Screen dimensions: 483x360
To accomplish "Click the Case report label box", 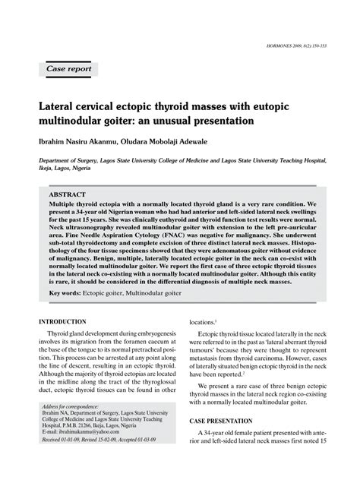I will (x=69, y=69).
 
